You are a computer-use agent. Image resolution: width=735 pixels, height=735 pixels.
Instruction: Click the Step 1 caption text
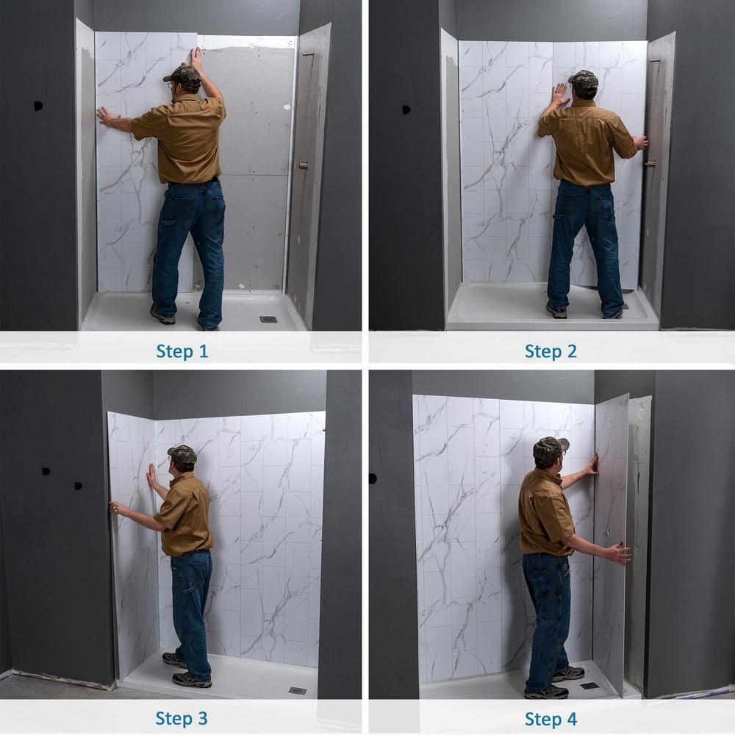coord(182,351)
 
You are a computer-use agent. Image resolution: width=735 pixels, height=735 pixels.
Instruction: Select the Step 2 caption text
coord(551,351)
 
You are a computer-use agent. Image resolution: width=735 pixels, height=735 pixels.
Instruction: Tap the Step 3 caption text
coord(182,718)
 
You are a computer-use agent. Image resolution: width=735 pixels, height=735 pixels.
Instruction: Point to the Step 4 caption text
coord(551,718)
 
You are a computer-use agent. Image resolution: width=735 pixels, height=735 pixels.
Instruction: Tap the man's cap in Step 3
coord(182,454)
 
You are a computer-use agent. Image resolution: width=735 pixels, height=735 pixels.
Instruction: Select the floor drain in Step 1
coord(268,319)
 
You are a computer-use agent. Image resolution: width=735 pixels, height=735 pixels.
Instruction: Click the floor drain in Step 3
coord(297,691)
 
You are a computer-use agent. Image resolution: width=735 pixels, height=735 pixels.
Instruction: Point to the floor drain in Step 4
coord(589,686)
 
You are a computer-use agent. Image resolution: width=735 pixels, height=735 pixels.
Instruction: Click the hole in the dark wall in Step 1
coord(38,106)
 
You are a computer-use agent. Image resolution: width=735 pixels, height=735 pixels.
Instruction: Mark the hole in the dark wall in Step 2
coord(406,110)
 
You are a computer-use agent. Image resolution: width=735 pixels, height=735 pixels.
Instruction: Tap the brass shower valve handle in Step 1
coord(302,165)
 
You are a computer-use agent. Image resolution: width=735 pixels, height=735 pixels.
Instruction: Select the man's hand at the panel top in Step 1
coord(195,56)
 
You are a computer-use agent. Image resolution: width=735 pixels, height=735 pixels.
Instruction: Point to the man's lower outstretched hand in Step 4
coord(619,553)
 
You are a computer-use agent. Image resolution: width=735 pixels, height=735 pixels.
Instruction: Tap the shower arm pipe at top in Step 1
coord(308,54)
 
